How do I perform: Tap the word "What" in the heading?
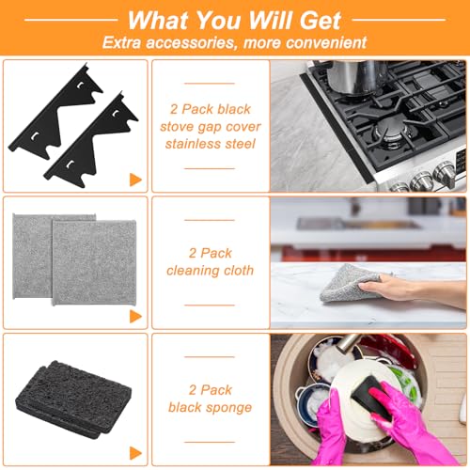click(x=162, y=20)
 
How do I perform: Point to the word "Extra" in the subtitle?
click(x=126, y=42)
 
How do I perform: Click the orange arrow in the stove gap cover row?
click(x=135, y=178)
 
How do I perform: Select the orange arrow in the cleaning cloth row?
click(x=135, y=314)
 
